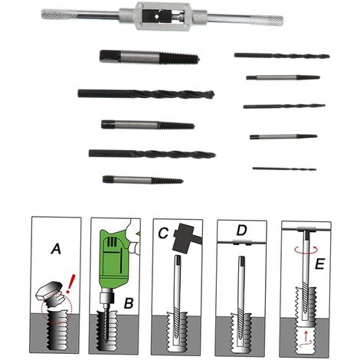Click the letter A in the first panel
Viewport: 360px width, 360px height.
57,249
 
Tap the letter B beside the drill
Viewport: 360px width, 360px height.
129,303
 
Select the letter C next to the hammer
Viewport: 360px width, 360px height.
163,233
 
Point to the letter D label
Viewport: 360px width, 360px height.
241,231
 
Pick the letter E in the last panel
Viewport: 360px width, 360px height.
319,263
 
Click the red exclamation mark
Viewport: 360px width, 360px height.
70,283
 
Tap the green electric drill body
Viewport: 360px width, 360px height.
113,258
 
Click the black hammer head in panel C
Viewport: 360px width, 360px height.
182,238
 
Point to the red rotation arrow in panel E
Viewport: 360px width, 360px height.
306,250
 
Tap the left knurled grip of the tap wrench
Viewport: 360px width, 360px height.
59,14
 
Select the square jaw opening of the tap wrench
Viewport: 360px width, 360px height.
156,17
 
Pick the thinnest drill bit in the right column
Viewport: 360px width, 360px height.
284,169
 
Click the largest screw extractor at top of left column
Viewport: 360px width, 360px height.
149,57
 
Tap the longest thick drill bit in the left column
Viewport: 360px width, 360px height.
146,94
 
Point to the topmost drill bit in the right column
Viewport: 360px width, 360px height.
282,56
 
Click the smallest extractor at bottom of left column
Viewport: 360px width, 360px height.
143,180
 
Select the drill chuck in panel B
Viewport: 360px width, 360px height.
107,298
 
